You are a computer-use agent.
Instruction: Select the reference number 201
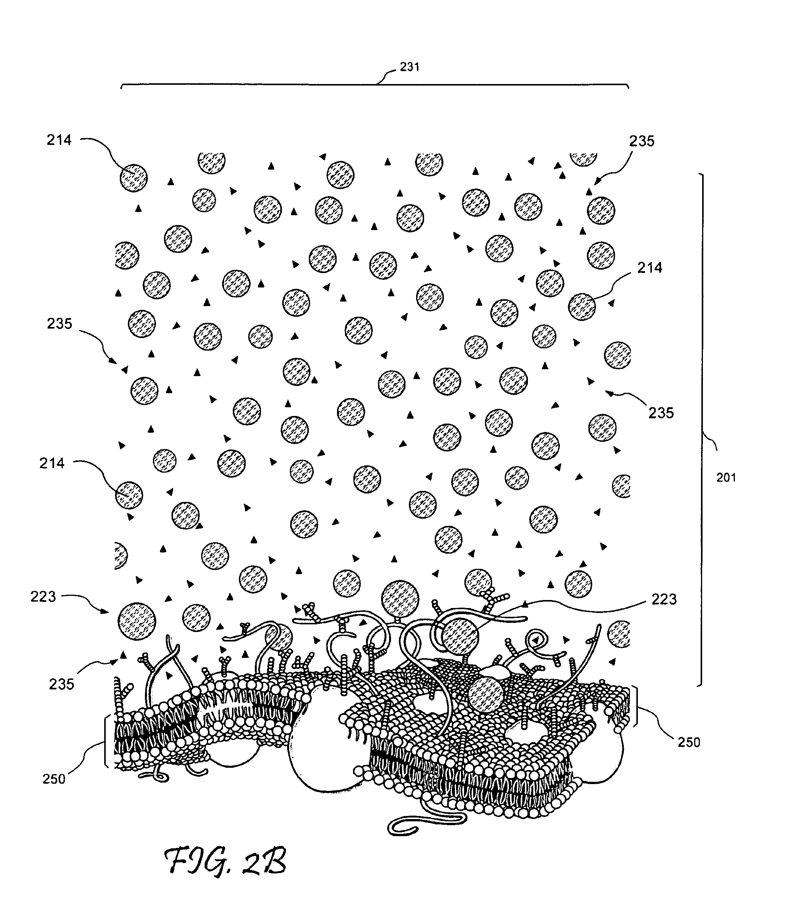726,478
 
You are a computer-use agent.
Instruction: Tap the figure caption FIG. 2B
225,862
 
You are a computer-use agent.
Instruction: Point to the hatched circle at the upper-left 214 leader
134,178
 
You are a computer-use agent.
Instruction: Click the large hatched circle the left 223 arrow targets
137,621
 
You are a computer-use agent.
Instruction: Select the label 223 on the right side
664,600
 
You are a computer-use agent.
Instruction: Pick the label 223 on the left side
43,597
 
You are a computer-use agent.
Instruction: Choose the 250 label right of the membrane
688,742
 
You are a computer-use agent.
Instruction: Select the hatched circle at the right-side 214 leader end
582,307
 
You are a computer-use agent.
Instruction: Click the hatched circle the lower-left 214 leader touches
129,495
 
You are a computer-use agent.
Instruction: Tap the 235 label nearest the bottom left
62,684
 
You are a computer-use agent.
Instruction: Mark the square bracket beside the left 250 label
106,741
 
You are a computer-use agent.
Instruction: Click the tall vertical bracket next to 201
701,430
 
